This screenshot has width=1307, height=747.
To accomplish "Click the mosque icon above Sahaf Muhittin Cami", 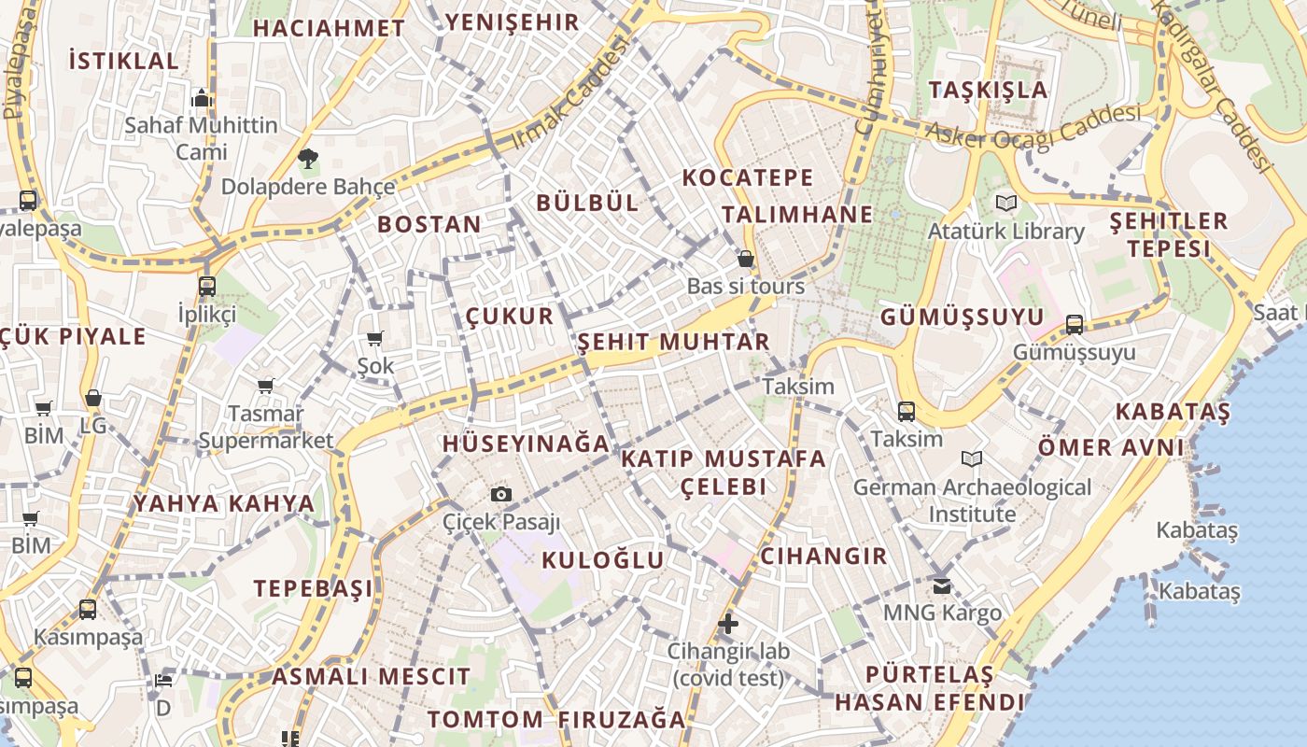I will (x=202, y=98).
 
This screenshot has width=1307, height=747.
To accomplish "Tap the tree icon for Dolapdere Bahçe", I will (x=307, y=160).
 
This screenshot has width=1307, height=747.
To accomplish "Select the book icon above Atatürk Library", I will (x=1005, y=203).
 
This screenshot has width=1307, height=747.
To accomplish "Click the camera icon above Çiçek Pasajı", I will (x=501, y=494).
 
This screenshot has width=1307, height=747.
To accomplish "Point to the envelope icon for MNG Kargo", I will (x=942, y=585).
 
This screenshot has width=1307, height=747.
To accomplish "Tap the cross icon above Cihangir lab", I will (x=728, y=624).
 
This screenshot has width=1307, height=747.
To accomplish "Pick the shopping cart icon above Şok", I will (x=375, y=338).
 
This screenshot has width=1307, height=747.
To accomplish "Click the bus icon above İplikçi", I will (x=207, y=287).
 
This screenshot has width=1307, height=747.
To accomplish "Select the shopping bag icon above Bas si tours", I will (x=745, y=259).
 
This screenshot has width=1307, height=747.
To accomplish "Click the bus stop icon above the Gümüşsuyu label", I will (x=1075, y=325).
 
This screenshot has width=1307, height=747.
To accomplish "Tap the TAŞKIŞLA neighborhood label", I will (x=989, y=91).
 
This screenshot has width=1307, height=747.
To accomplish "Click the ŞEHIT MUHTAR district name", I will (x=673, y=342).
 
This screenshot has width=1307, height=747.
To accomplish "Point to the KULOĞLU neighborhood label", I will (x=603, y=560).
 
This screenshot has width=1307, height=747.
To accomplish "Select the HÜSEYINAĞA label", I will (x=527, y=444).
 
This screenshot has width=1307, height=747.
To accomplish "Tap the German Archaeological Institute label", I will (x=972, y=500).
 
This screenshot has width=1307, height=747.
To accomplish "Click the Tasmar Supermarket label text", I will (x=266, y=427).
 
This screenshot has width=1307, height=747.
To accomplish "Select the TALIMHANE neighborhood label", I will (x=797, y=215).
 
